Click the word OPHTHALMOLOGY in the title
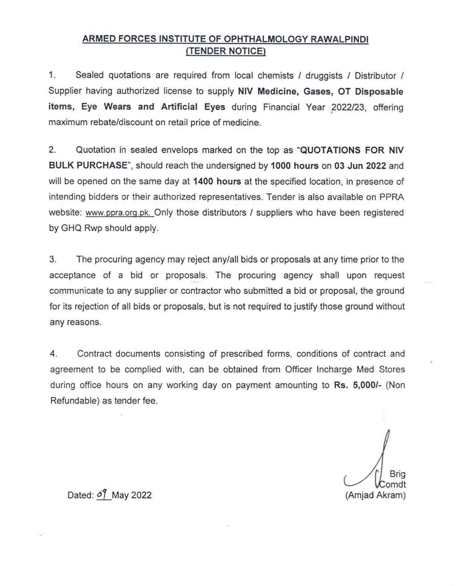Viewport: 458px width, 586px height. (x=266, y=39)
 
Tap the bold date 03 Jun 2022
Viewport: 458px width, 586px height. (x=360, y=166)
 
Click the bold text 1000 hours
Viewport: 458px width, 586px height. (x=294, y=166)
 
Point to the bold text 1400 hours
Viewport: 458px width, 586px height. (x=217, y=181)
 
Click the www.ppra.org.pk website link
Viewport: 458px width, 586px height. (x=118, y=213)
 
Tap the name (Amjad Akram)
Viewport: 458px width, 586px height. (x=375, y=495)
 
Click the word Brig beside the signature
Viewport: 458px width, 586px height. (x=397, y=474)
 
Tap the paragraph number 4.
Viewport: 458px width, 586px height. (x=54, y=354)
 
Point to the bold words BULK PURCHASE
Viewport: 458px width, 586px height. (x=88, y=165)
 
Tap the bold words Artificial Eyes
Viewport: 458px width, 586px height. (x=193, y=107)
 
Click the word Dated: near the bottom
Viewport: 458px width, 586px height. (x=80, y=495)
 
